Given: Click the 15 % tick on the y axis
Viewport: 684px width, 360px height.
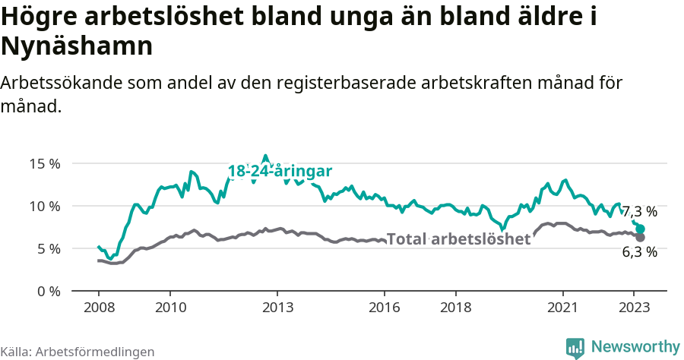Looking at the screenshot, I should pos(44,163).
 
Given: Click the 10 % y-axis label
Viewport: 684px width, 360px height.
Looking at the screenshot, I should pos(44,206).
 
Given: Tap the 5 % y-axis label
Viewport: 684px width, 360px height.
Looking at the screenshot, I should pos(47,248).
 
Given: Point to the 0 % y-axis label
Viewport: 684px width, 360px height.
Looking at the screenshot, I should pos(47,291).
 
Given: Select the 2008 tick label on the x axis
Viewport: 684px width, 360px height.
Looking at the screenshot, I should pos(99,308).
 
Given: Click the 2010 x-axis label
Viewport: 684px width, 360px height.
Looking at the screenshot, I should pos(170,308).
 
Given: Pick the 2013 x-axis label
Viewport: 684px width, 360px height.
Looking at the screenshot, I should pos(277,308).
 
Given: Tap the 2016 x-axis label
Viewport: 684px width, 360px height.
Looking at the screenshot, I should pos(385,308).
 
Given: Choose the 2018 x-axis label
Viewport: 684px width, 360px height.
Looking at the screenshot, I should pos(456,308).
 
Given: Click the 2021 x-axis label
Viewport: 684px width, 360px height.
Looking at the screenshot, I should pos(563,308).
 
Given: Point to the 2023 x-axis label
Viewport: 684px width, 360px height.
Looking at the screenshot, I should pos(635,308).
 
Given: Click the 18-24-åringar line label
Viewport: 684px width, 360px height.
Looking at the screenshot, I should pos(280,172).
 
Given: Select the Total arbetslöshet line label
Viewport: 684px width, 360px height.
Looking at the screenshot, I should pos(458,239).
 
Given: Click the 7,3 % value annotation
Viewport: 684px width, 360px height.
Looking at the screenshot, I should pos(639,211).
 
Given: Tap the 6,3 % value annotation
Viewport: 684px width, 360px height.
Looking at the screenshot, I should pos(639,252).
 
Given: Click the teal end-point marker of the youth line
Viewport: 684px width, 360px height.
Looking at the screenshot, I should pos(641,229).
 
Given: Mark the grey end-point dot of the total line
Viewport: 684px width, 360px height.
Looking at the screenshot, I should pos(641,238).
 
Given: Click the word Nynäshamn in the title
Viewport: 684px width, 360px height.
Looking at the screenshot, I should pos(78,46).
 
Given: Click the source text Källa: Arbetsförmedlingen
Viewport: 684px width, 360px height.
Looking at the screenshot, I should pos(78,352).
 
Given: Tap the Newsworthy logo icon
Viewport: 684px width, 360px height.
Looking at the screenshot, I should pos(575,347).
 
